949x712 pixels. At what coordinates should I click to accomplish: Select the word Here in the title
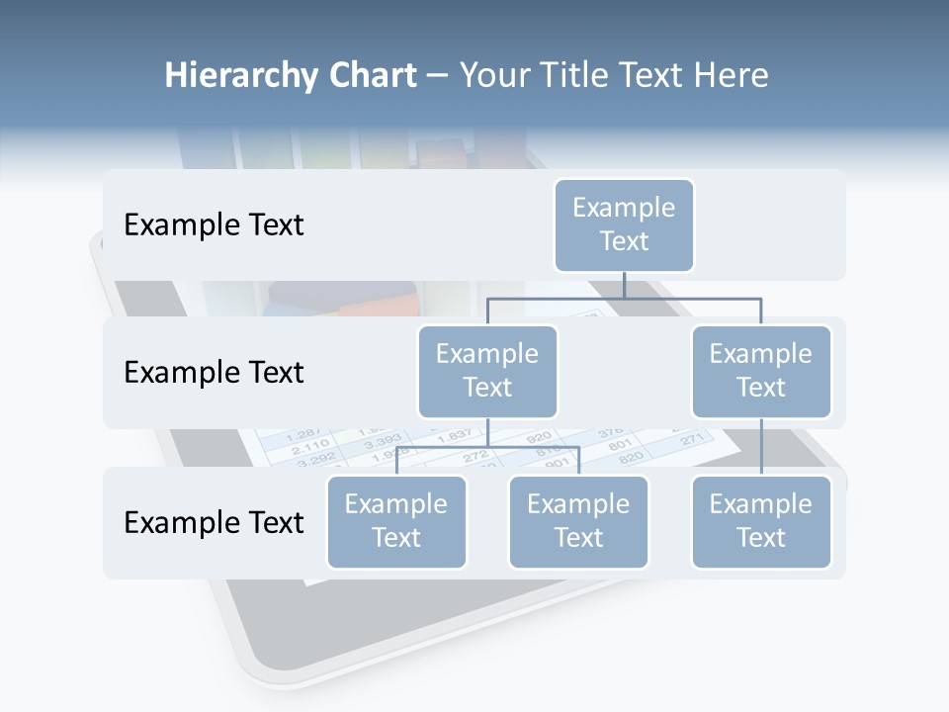(x=729, y=76)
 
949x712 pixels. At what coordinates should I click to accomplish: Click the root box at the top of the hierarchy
(x=624, y=225)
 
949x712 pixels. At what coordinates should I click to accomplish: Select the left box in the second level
(x=487, y=371)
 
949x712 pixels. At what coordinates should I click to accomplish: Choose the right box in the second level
(x=761, y=371)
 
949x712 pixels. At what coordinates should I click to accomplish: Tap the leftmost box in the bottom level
(x=396, y=521)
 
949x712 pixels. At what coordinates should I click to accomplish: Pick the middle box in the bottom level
(x=578, y=521)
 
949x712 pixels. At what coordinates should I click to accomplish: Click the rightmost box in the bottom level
(x=761, y=521)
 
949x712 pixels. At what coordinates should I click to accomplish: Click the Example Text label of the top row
(x=214, y=225)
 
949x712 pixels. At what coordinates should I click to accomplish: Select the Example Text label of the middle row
(x=214, y=373)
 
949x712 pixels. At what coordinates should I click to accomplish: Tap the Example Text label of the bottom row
(x=214, y=522)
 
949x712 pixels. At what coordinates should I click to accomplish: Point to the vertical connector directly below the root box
(x=624, y=285)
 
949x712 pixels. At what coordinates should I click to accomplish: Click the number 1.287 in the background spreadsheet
(x=302, y=436)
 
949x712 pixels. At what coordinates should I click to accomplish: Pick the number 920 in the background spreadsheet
(x=538, y=436)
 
